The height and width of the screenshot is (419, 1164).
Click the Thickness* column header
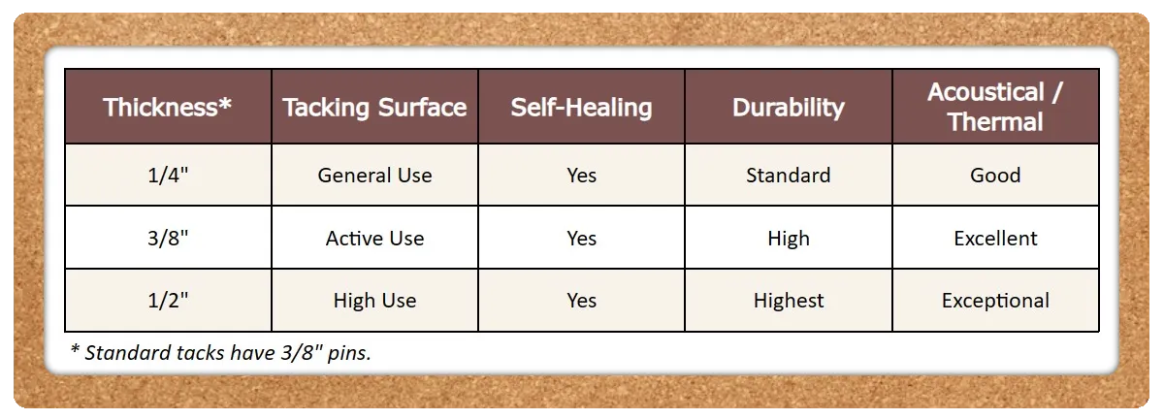[x=167, y=107]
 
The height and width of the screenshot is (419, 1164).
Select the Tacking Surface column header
[x=374, y=108]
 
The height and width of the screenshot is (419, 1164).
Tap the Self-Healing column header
[x=581, y=108]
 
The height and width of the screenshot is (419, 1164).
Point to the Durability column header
[x=789, y=108]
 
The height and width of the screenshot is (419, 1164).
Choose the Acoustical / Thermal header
[x=995, y=107]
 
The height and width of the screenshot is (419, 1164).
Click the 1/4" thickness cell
[x=168, y=176]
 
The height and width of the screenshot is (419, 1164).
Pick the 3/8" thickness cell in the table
[x=168, y=238]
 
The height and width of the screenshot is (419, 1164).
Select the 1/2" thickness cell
[x=168, y=301]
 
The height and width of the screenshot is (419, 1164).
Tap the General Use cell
[x=374, y=176]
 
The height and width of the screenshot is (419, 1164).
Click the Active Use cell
[x=374, y=238]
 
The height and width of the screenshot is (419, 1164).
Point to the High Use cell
[x=374, y=301]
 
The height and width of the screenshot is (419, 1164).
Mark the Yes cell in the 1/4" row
[x=581, y=176]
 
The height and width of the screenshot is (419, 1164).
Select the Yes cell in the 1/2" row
[x=581, y=301]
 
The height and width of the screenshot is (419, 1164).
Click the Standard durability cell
[x=789, y=176]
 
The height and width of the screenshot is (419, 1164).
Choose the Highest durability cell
[x=789, y=301]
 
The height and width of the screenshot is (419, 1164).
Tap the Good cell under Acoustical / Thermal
[x=995, y=176]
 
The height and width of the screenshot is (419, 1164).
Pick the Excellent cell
[x=995, y=238]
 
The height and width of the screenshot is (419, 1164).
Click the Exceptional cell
[x=995, y=301]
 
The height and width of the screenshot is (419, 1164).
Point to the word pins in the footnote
[x=349, y=353]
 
